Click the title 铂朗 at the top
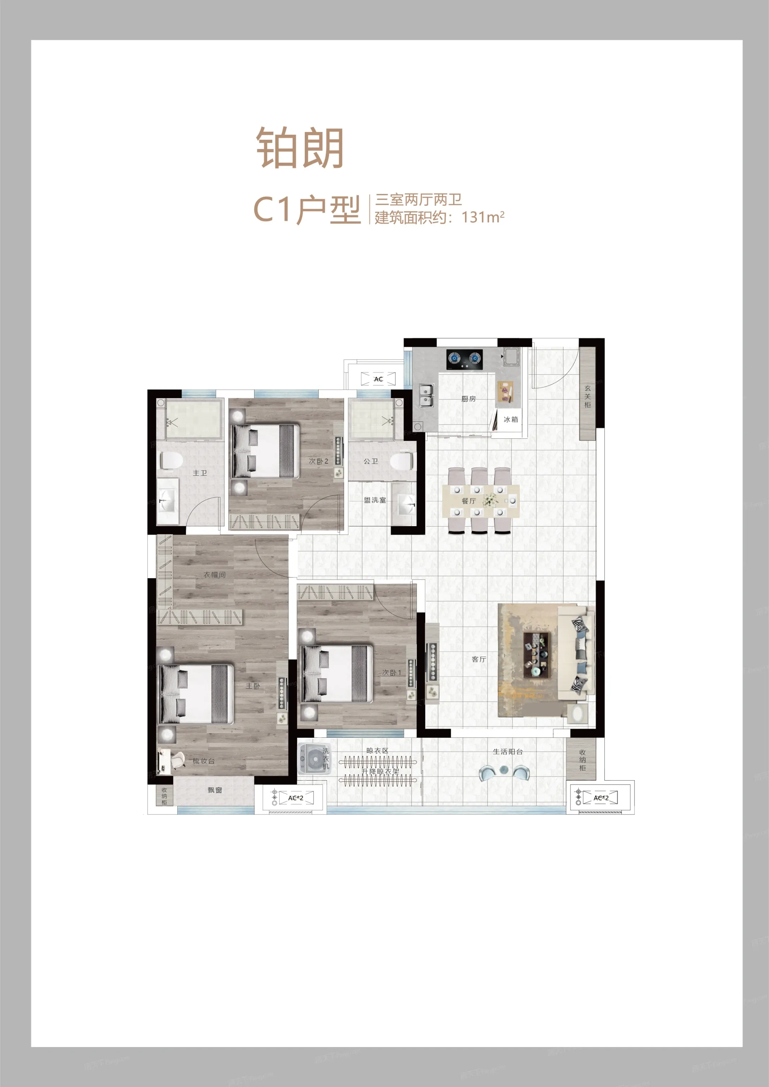pos(300,148)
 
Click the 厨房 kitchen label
pos(468,399)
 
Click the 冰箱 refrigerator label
pos(510,419)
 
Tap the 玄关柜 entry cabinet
pos(587,396)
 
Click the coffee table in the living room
pos(536,653)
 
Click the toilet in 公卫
pos(402,461)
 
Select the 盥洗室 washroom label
pos(374,500)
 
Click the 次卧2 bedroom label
pos(318,461)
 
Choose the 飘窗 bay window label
pos(214,790)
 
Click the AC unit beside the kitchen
pos(378,379)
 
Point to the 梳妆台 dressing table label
pos(203,761)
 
